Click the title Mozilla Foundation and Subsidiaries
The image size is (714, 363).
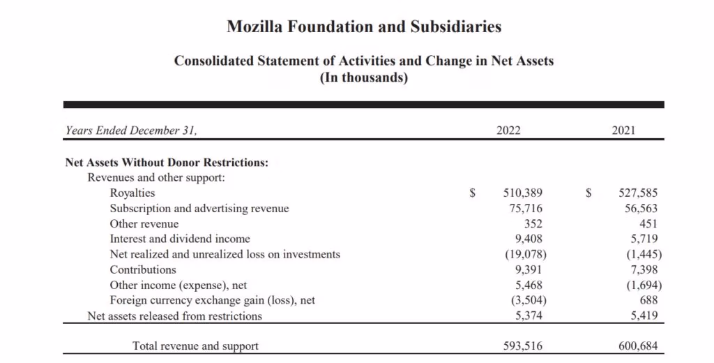(364, 27)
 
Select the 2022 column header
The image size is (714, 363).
(508, 131)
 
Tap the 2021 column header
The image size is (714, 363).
(623, 131)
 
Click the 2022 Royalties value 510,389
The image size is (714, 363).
(523, 193)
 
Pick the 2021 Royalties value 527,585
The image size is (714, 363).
(638, 193)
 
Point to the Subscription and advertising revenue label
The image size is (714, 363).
(199, 208)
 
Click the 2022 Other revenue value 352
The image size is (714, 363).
(533, 223)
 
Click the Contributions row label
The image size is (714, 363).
(143, 269)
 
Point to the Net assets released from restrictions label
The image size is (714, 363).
(174, 316)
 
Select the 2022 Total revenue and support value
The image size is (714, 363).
(523, 346)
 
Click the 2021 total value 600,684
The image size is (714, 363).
(638, 346)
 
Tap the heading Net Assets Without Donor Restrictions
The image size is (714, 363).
(167, 163)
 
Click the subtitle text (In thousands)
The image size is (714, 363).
(364, 77)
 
